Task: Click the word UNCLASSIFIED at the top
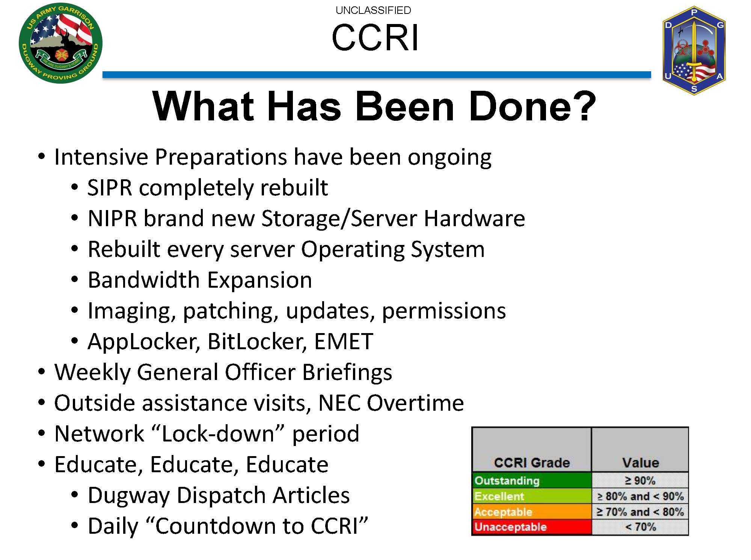(373, 10)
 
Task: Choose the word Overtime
(415, 403)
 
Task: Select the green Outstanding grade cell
(532, 480)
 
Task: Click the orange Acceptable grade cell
(532, 512)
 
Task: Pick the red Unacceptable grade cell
(532, 527)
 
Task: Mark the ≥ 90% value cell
(640, 480)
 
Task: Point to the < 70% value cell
(640, 527)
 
